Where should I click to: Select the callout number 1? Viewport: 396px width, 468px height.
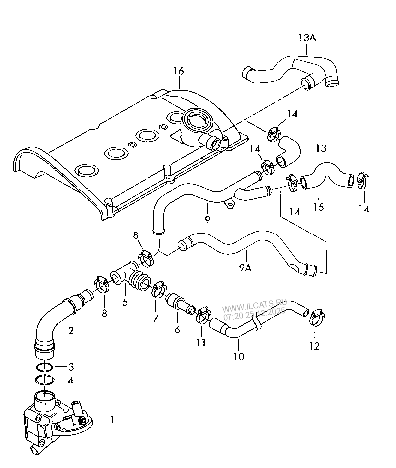pyautogui.click(x=112, y=420)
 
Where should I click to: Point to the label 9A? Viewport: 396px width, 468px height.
pyautogui.click(x=245, y=268)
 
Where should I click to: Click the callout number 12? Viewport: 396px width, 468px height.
pyautogui.click(x=314, y=345)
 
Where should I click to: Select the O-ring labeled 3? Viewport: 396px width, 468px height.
pyautogui.click(x=45, y=368)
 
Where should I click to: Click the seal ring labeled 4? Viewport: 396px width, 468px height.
pyautogui.click(x=45, y=381)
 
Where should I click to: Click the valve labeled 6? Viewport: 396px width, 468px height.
pyautogui.click(x=180, y=302)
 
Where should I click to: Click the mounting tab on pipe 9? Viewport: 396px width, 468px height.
pyautogui.click(x=230, y=202)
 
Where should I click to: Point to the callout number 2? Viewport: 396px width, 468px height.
pyautogui.click(x=71, y=330)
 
